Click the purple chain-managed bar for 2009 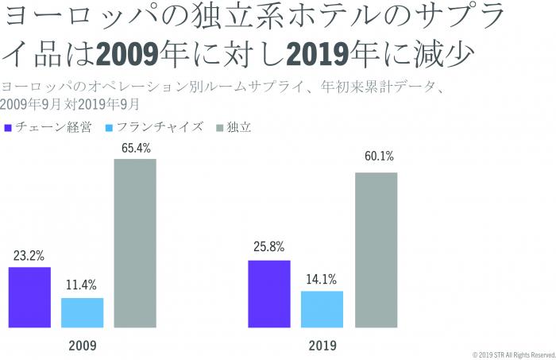pos(29,297)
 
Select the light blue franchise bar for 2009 pos(83,312)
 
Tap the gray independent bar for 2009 pos(135,243)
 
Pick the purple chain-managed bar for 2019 pos(269,293)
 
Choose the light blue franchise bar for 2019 pos(322,309)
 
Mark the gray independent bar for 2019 pos(376,250)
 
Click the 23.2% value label pos(29,256)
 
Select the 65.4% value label pos(136,148)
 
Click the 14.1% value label pos(322,279)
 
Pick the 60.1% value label pos(376,156)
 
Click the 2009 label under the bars pos(82,346)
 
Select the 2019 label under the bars pos(322,346)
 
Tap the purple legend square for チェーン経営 pos(7,127)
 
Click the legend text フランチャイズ pos(159,127)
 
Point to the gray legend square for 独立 pos(219,127)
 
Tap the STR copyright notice pos(513,354)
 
